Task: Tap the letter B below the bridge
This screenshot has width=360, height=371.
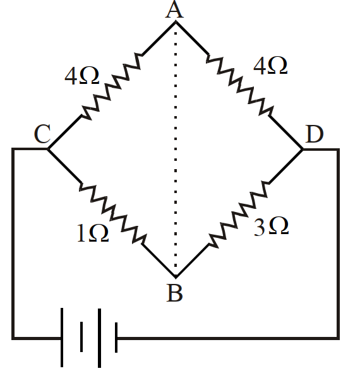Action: pyautogui.click(x=175, y=293)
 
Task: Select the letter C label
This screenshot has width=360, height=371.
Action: pyautogui.click(x=42, y=134)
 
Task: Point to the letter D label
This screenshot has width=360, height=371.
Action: pyautogui.click(x=315, y=134)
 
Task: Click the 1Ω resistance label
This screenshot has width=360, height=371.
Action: pyautogui.click(x=93, y=233)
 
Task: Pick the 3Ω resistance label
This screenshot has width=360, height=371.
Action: pyautogui.click(x=271, y=227)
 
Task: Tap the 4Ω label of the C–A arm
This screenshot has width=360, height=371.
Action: pyautogui.click(x=82, y=76)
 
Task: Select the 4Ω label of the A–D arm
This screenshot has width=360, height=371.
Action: pyautogui.click(x=270, y=66)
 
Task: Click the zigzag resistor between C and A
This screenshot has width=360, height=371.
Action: pyautogui.click(x=112, y=86)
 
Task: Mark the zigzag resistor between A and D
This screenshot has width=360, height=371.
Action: pyautogui.click(x=239, y=85)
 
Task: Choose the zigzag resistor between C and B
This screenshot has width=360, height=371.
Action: pyautogui.click(x=112, y=213)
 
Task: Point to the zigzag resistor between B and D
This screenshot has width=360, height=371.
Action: pyautogui.click(x=239, y=214)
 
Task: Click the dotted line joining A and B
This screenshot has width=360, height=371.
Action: pyautogui.click(x=176, y=149)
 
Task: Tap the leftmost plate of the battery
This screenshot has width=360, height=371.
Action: pyautogui.click(x=62, y=338)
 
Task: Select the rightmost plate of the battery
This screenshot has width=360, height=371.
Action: pyautogui.click(x=116, y=338)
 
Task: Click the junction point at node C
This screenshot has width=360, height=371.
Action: pyautogui.click(x=48, y=150)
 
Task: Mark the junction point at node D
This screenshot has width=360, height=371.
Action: pyautogui.click(x=303, y=150)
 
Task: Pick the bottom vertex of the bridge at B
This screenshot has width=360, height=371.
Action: pyautogui.click(x=176, y=277)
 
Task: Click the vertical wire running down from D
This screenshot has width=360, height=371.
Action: pyautogui.click(x=339, y=244)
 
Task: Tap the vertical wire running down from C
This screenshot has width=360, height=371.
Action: pyautogui.click(x=13, y=244)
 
